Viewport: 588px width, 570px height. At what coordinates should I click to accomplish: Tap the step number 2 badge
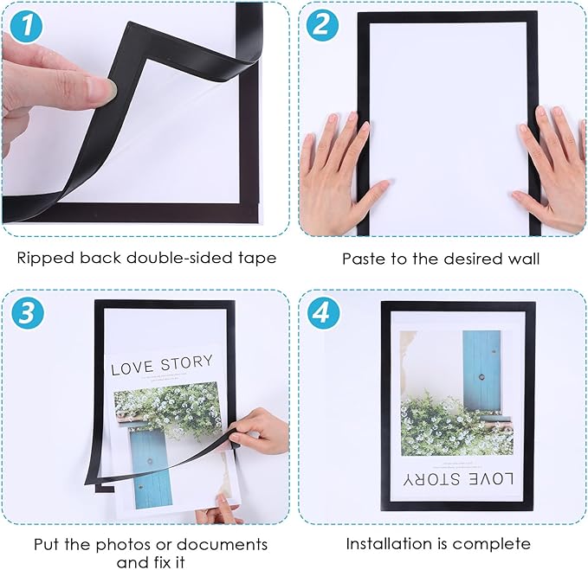(321, 25)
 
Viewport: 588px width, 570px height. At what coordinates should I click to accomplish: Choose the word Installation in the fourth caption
(385, 544)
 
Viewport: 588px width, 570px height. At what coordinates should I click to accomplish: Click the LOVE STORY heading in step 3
(169, 368)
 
